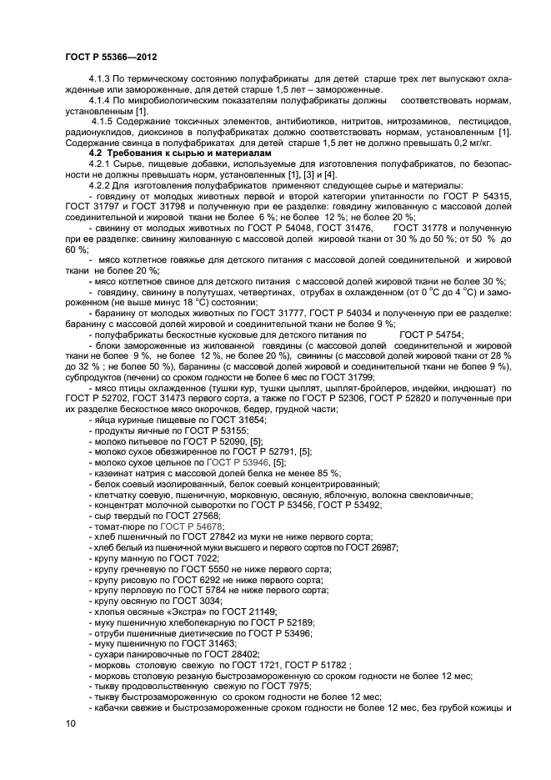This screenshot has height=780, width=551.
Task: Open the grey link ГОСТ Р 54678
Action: tap(191, 528)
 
